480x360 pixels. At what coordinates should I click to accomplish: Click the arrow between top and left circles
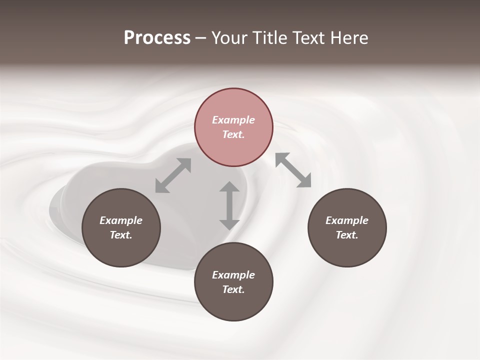tap(173, 175)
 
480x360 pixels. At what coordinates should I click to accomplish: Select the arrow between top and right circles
tap(293, 170)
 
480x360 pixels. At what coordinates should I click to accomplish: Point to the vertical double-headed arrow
tap(229, 205)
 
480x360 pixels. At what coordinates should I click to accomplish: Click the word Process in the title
tap(157, 38)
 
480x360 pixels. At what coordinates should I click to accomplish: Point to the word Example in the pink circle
tap(233, 120)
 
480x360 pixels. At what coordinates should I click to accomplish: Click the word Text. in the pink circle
tap(233, 134)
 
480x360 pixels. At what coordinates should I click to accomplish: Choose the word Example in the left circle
tap(121, 220)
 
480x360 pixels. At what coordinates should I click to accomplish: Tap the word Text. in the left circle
tap(121, 235)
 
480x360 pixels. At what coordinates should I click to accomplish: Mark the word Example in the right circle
tap(347, 220)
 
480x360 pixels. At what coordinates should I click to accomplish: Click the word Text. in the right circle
tap(347, 235)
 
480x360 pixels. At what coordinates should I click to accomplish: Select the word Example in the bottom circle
tap(233, 275)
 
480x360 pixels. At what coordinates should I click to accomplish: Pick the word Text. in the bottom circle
tap(233, 289)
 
